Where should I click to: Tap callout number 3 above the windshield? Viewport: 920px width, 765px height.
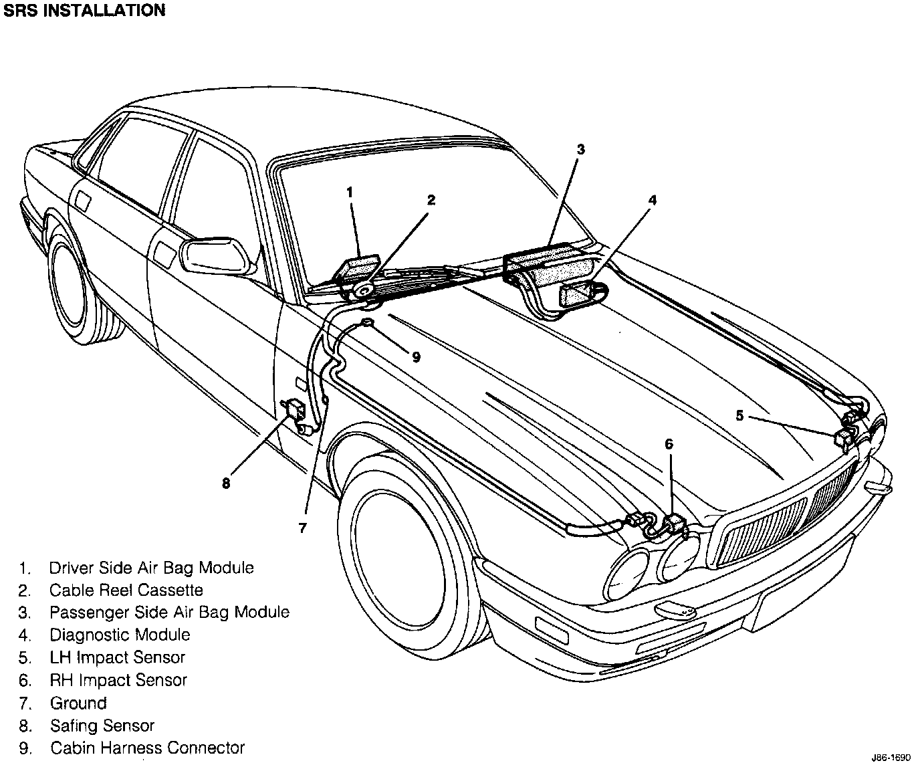click(580, 150)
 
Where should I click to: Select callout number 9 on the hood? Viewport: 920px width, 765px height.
click(416, 357)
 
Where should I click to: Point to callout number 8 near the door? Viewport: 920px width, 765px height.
click(226, 483)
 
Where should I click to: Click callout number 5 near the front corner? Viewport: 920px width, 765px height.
click(739, 415)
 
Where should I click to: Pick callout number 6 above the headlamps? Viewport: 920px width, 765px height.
click(669, 444)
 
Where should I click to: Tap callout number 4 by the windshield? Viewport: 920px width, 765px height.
click(653, 200)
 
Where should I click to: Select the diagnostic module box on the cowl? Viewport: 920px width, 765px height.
click(579, 294)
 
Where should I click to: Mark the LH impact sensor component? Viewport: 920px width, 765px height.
click(844, 439)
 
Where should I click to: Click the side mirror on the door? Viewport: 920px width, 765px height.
click(217, 255)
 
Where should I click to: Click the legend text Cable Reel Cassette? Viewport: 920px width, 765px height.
click(126, 590)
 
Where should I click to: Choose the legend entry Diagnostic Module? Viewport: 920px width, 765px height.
click(120, 635)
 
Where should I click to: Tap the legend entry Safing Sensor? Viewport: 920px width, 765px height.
click(102, 726)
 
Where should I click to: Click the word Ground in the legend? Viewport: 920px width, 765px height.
click(78, 703)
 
